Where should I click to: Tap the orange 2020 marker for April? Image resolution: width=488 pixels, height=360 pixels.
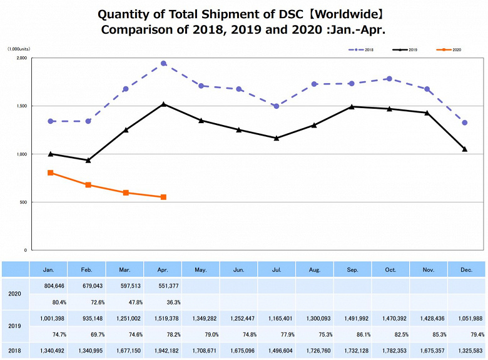pos(163,197)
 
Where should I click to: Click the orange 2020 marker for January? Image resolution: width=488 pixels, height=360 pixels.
pos(50,172)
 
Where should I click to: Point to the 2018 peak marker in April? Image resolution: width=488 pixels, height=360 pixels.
pos(163,63)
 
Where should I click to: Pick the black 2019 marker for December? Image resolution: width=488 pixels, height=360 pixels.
pos(465,149)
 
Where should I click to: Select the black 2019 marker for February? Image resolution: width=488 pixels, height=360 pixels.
pos(88,160)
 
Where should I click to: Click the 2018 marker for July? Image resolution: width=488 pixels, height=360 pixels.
pos(276,106)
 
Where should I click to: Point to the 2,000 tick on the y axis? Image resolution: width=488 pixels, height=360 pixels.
pos(21,58)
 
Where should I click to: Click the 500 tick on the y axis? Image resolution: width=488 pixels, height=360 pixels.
pos(23,202)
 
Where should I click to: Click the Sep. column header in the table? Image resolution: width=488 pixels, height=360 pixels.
pos(353,269)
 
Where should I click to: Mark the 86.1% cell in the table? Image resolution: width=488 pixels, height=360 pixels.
pos(353,335)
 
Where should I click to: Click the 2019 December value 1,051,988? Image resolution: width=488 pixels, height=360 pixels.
pos(466,317)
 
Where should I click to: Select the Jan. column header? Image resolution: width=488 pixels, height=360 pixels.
pos(49,269)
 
